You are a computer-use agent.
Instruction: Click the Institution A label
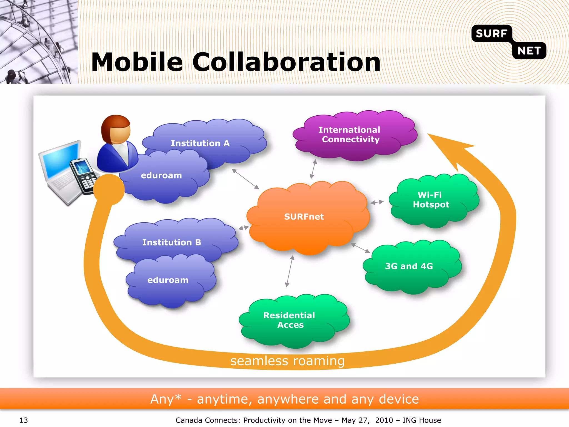200,143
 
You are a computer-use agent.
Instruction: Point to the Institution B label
171,242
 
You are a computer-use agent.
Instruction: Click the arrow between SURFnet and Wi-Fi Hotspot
377,202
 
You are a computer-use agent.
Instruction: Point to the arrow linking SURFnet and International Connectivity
313,169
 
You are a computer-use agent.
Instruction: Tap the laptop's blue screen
60,160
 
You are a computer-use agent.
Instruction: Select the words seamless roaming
287,361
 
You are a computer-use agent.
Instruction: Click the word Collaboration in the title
286,62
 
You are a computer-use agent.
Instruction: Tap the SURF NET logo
508,42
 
